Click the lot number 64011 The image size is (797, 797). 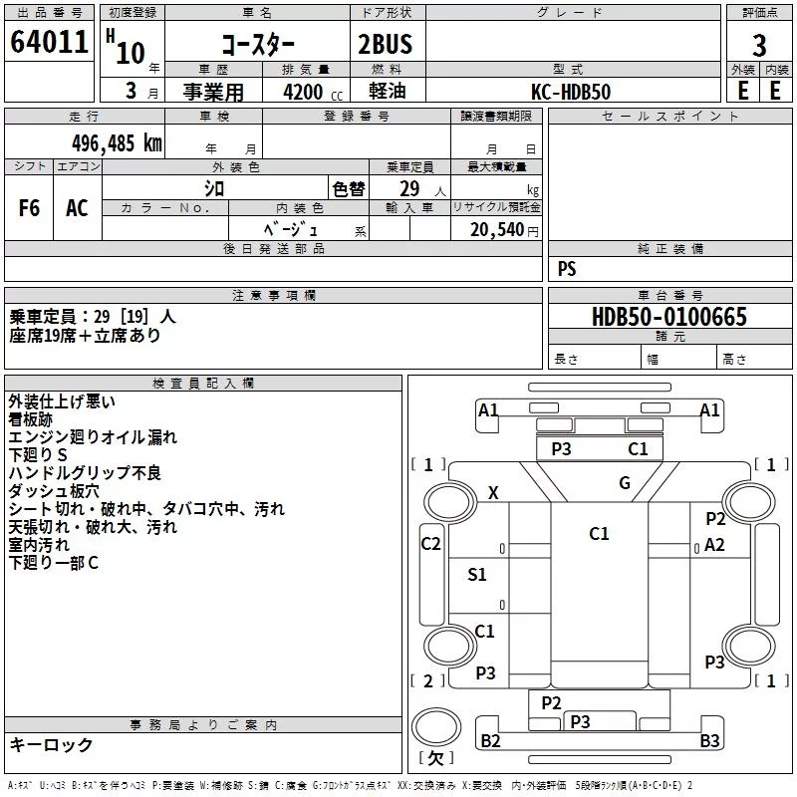[x=48, y=44]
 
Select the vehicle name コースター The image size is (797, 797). [x=257, y=45]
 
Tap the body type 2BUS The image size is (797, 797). [x=385, y=45]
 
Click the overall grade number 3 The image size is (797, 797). [x=759, y=46]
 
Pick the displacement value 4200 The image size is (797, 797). [x=303, y=92]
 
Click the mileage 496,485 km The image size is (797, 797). [x=117, y=142]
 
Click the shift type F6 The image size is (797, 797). [x=29, y=208]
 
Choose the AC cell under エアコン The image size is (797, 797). [x=77, y=208]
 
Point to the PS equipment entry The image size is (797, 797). [x=567, y=269]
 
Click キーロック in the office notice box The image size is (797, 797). [x=51, y=745]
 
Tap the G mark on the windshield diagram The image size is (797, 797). [x=625, y=483]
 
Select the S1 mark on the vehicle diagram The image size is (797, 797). [x=477, y=574]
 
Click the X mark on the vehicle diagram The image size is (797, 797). [x=493, y=493]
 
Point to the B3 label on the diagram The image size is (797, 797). [x=709, y=740]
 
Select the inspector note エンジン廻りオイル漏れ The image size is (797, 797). [x=93, y=437]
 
